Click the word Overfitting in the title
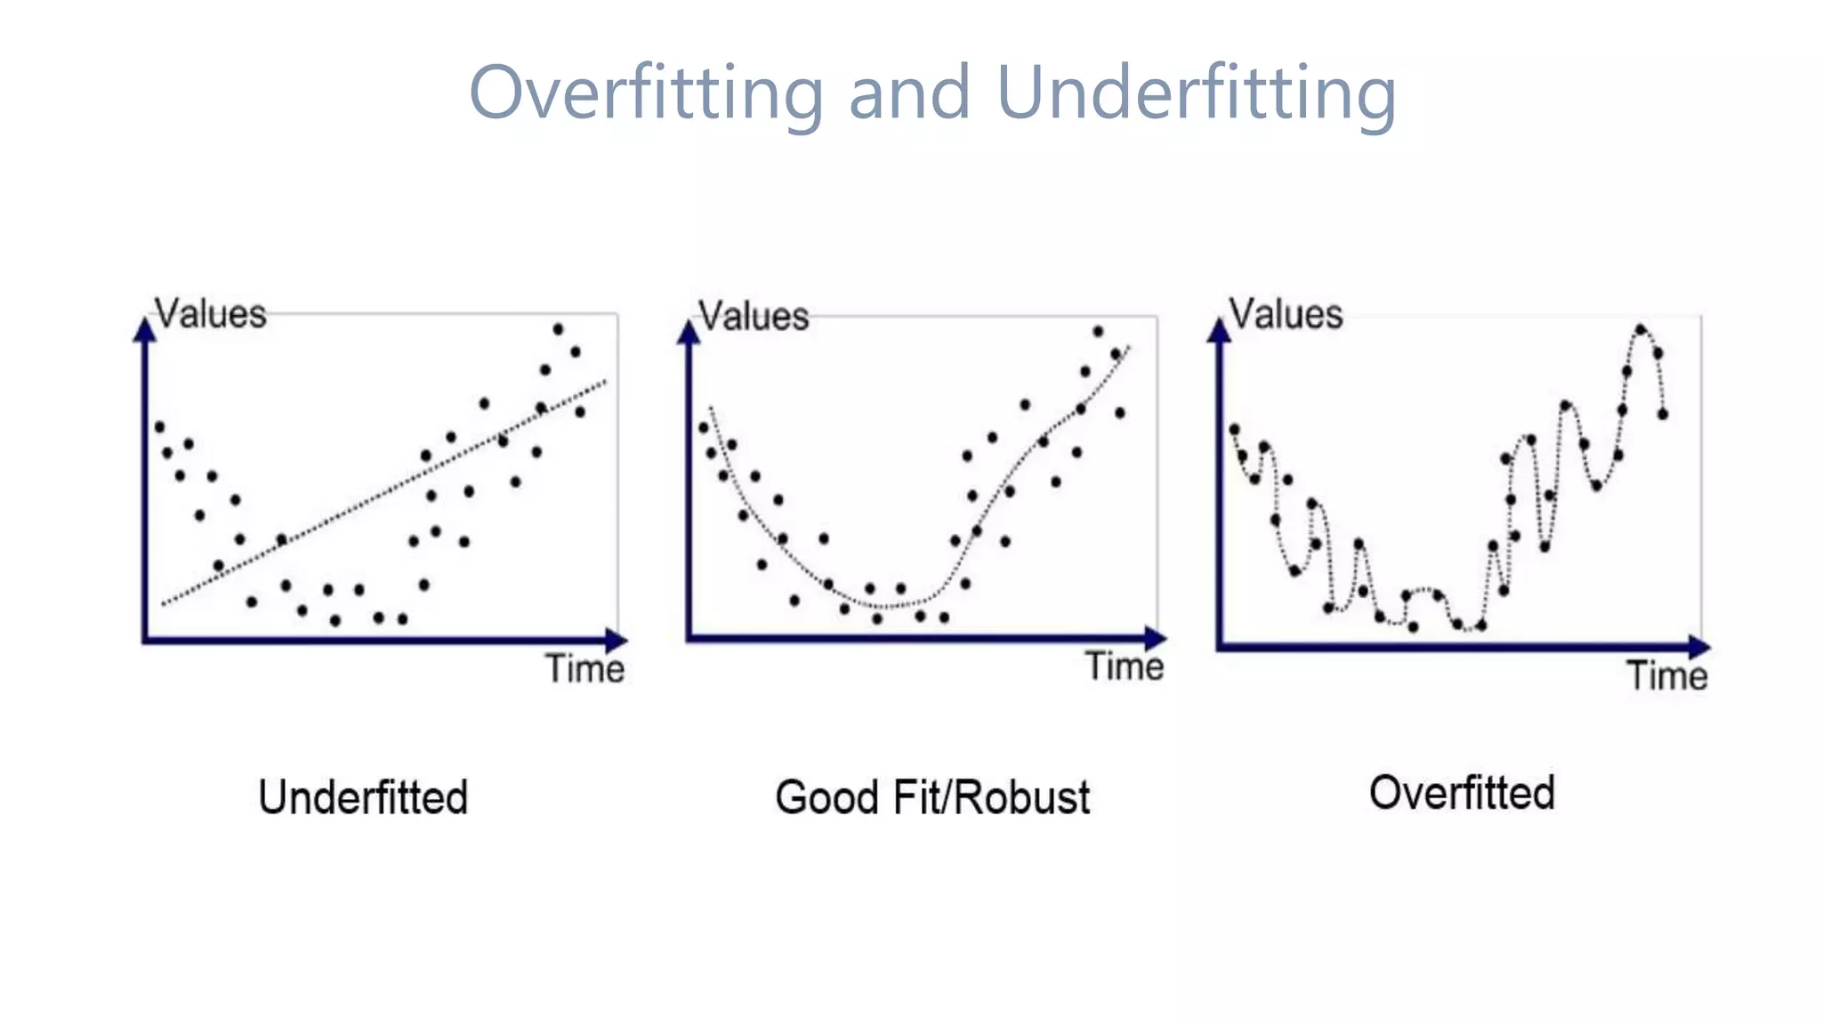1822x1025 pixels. pyautogui.click(x=647, y=93)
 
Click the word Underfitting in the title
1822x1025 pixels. pyautogui.click(x=1196, y=93)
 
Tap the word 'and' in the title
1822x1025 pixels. pyautogui.click(x=908, y=93)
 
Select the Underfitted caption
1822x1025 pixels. pyautogui.click(x=363, y=796)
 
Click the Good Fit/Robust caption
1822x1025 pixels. pyautogui.click(x=931, y=797)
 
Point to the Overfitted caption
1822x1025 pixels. pyautogui.click(x=1462, y=792)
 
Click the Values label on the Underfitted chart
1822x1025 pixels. pyautogui.click(x=211, y=314)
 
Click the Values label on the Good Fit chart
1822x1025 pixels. pyautogui.click(x=754, y=317)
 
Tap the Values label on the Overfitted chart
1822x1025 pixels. pyautogui.click(x=1286, y=314)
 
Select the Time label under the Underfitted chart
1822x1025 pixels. pyautogui.click(x=584, y=668)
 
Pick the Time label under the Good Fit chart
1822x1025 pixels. pyautogui.click(x=1125, y=666)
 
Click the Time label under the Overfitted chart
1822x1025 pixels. pyautogui.click(x=1667, y=675)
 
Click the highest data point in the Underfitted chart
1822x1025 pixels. pyautogui.click(x=558, y=329)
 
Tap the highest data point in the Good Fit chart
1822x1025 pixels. pyautogui.click(x=1098, y=331)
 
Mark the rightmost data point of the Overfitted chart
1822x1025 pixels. pyautogui.click(x=1662, y=414)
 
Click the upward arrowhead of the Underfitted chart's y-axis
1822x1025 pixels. pyautogui.click(x=145, y=329)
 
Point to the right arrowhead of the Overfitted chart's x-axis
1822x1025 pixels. pyautogui.click(x=1699, y=647)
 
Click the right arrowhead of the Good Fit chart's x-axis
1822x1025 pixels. pyautogui.click(x=1155, y=637)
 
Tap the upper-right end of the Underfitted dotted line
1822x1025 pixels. pyautogui.click(x=606, y=382)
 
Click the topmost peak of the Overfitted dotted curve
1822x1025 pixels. pyautogui.click(x=1641, y=329)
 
